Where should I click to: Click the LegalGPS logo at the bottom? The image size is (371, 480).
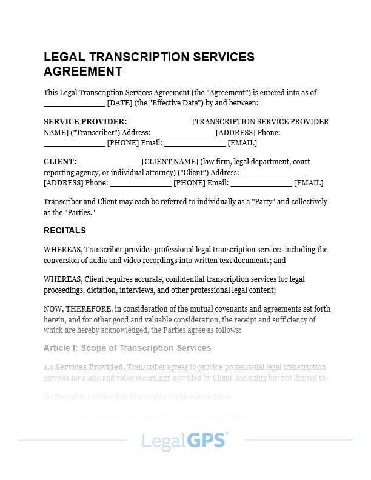pyautogui.click(x=185, y=440)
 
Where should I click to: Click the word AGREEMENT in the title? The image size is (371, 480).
pyautogui.click(x=83, y=72)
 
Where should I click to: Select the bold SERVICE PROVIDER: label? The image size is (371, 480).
pyautogui.click(x=85, y=121)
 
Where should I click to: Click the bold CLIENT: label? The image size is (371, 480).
pyautogui.click(x=60, y=162)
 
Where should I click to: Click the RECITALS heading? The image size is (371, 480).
pyautogui.click(x=65, y=230)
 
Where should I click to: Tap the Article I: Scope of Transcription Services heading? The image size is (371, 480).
pyautogui.click(x=127, y=348)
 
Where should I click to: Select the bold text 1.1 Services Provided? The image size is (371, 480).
pyautogui.click(x=84, y=367)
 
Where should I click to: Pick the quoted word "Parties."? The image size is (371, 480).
pyautogui.click(x=78, y=213)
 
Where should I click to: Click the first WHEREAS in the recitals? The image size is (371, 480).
pyautogui.click(x=62, y=249)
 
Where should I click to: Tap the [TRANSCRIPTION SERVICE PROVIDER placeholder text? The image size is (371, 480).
pyautogui.click(x=261, y=121)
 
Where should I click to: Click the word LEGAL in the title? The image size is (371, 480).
pyautogui.click(x=64, y=57)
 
